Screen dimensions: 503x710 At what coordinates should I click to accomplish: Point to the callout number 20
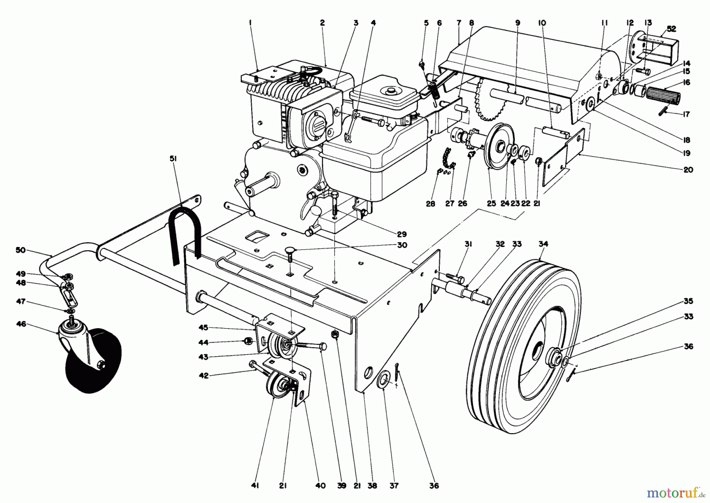(x=688, y=170)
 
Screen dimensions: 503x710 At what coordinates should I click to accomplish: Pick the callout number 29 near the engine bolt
(x=402, y=234)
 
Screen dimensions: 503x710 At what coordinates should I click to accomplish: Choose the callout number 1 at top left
(x=250, y=23)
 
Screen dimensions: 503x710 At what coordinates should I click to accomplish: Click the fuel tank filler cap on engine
(x=391, y=91)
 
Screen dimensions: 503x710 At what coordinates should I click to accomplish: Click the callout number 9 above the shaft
(x=518, y=23)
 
